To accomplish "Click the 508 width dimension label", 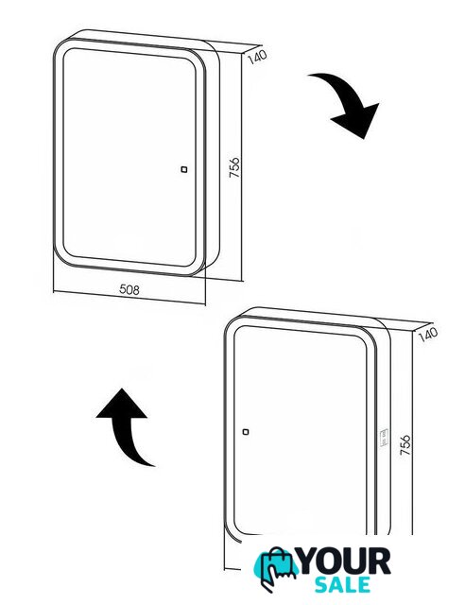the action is click(129, 289).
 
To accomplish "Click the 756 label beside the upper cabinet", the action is click(234, 167).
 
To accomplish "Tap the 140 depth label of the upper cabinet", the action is click(257, 57).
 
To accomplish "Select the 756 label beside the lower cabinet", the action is click(405, 444).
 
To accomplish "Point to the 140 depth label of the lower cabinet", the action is click(428, 334).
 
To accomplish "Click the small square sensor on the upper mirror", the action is click(184, 169).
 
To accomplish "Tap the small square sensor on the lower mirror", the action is click(246, 432).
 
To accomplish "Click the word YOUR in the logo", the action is click(345, 562).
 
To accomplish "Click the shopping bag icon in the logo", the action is click(276, 568).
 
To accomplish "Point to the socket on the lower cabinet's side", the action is click(385, 438).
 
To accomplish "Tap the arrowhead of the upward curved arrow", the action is click(122, 404).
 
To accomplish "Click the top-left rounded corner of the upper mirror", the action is click(69, 55).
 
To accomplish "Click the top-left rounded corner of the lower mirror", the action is click(240, 332).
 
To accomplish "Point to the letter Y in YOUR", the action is click(309, 562).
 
